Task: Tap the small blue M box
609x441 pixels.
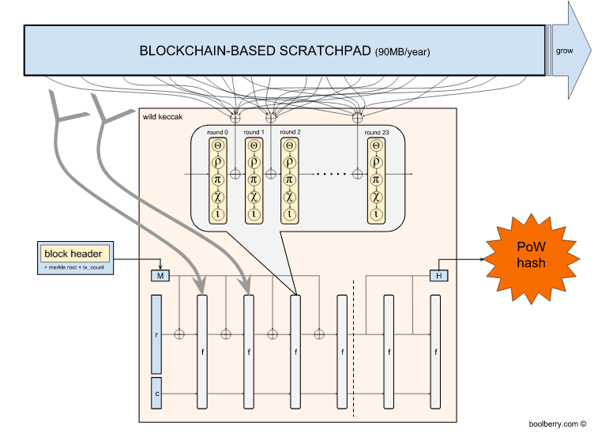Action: [160, 275]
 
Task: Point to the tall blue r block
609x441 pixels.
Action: [156, 334]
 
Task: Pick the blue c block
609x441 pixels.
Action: [156, 392]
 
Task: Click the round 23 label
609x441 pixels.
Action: [378, 132]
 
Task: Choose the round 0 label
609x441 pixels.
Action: [216, 132]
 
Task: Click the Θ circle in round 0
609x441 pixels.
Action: [216, 145]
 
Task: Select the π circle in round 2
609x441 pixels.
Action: [289, 179]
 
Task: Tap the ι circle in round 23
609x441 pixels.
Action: [378, 213]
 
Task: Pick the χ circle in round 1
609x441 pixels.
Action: [253, 197]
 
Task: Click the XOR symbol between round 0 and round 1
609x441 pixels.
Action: [234, 171]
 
